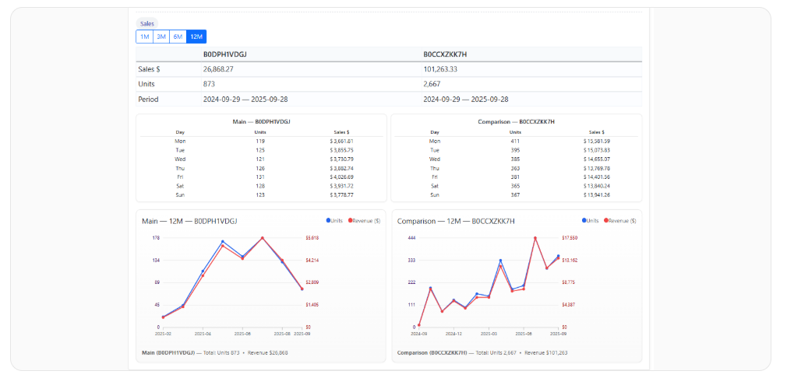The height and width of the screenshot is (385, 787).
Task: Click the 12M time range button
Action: click(196, 37)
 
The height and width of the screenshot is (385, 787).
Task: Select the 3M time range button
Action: click(161, 37)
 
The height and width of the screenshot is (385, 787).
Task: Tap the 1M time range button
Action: click(145, 37)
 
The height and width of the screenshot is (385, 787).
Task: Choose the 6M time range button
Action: click(178, 37)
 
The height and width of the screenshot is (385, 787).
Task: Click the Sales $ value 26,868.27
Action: click(218, 69)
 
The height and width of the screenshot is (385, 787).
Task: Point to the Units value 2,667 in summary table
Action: click(434, 84)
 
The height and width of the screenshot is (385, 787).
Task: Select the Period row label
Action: click(148, 100)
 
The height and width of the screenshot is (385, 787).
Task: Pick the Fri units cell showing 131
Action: click(261, 177)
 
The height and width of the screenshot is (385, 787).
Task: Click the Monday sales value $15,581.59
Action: click(596, 142)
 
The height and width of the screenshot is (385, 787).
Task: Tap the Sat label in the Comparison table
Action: click(435, 186)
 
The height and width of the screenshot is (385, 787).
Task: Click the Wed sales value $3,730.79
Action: click(342, 159)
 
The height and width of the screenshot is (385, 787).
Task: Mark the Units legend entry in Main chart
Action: click(334, 221)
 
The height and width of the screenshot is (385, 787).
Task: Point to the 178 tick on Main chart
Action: click(156, 238)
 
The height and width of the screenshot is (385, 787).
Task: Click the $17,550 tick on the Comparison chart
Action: click(570, 238)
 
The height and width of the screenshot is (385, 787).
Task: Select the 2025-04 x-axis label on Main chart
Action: click(203, 334)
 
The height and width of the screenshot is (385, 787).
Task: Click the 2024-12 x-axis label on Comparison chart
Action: click(454, 334)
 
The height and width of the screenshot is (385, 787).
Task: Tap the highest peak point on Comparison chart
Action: click(535, 238)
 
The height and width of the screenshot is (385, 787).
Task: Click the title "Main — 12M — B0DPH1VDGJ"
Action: click(189, 221)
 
